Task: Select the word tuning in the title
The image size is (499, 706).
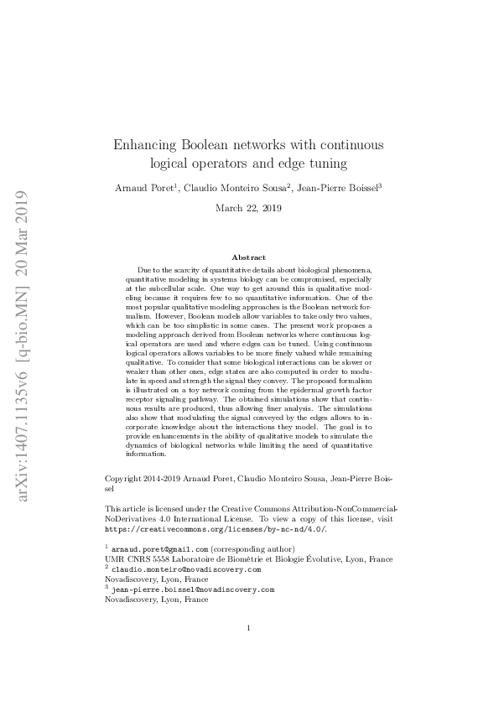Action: pyautogui.click(x=329, y=162)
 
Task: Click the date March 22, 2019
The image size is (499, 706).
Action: pyautogui.click(x=248, y=208)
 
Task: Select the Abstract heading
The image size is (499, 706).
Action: pyautogui.click(x=248, y=257)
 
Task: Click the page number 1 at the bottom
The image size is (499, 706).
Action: pyautogui.click(x=249, y=651)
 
